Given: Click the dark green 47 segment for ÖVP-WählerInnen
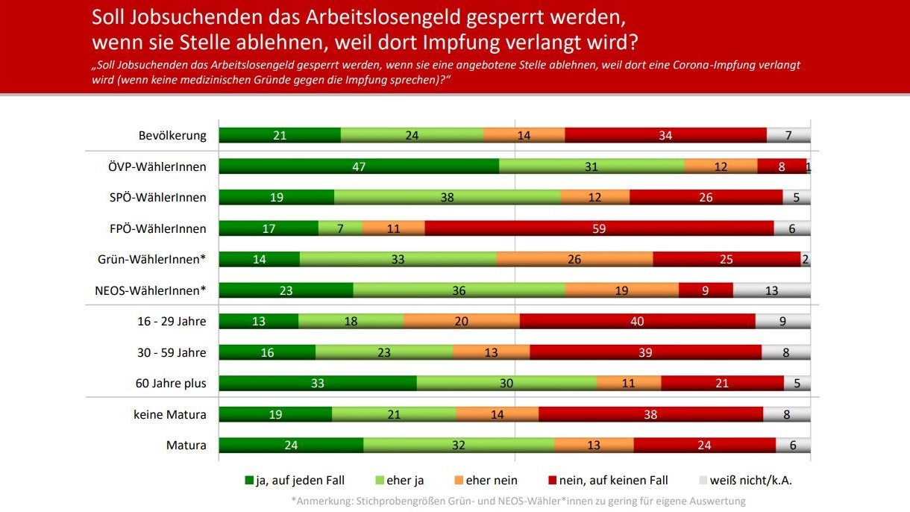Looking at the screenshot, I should [359, 166].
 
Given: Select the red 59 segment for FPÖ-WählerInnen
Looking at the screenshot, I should [599, 228].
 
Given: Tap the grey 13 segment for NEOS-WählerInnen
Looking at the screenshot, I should [771, 290].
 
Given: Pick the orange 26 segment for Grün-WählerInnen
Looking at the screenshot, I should [574, 259].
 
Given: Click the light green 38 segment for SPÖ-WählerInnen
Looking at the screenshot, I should [447, 197].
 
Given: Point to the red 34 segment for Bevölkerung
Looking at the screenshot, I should [665, 135].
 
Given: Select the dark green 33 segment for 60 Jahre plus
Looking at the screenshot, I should [317, 383].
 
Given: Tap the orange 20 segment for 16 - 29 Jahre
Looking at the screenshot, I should [461, 321].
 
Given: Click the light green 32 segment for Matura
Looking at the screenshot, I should [459, 445].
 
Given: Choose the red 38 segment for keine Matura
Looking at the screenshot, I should [650, 413].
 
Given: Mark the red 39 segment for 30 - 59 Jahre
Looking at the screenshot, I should [645, 352].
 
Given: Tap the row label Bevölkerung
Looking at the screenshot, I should [172, 135].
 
